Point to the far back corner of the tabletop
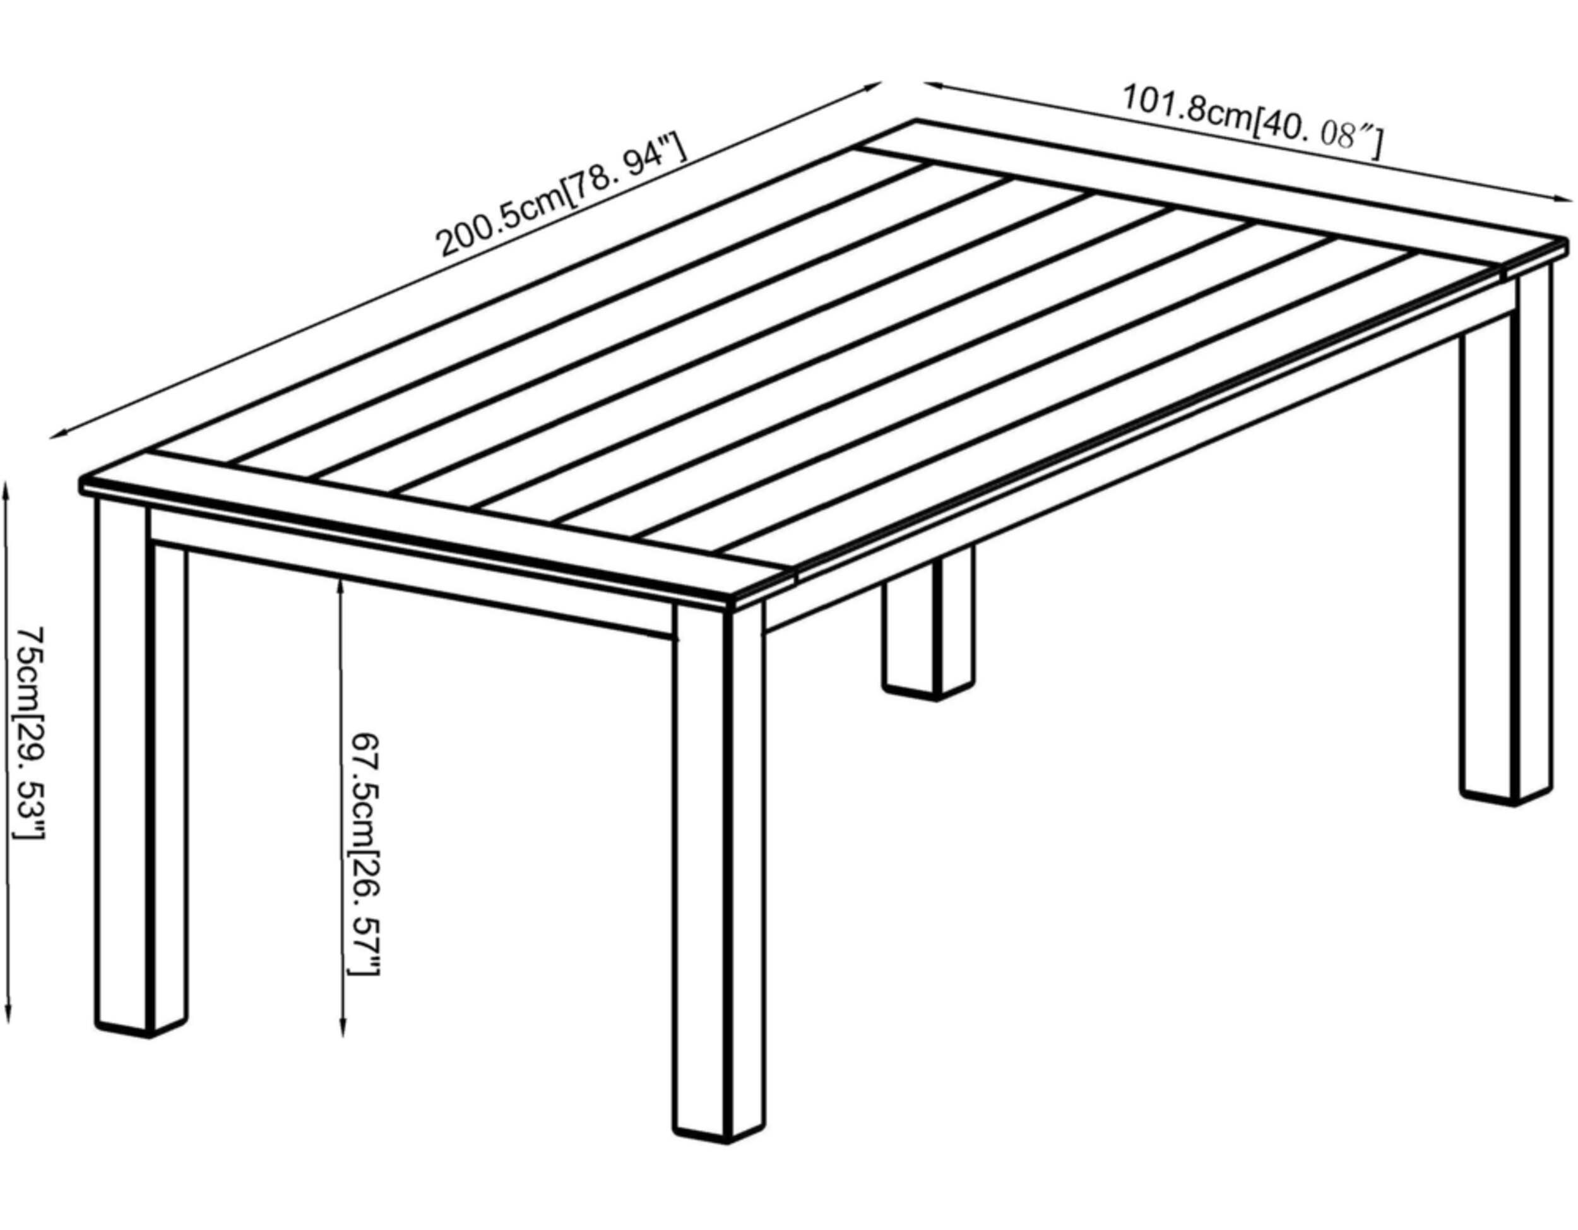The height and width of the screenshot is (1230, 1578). coord(916,119)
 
